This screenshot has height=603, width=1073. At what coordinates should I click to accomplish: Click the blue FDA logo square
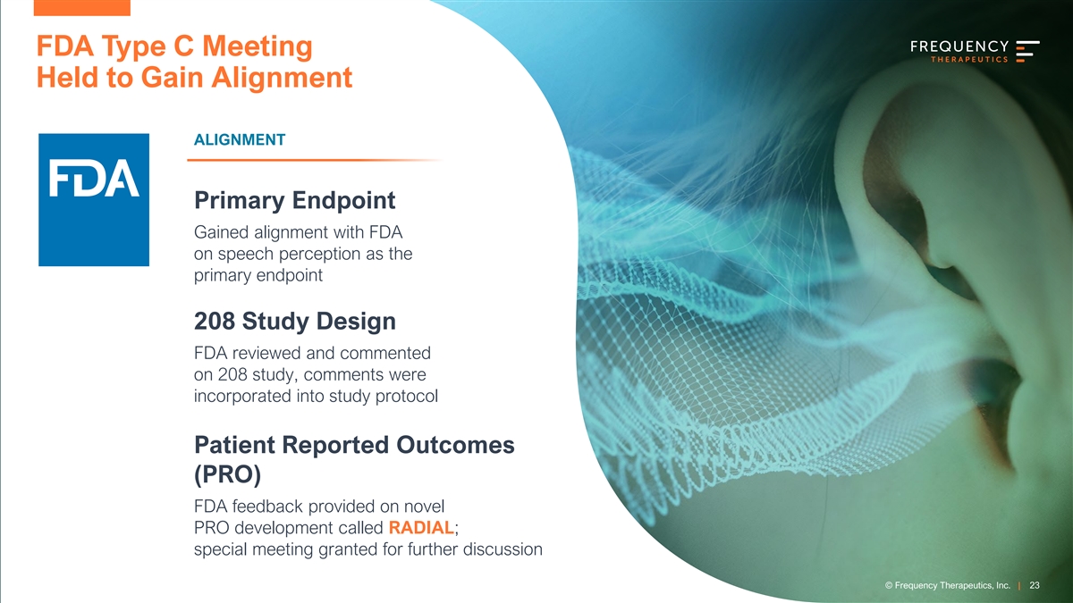(94, 199)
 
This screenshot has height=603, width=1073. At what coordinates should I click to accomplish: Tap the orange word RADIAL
(421, 527)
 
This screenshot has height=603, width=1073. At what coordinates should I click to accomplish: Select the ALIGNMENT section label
(240, 139)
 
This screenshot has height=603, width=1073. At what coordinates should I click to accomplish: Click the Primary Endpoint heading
(294, 200)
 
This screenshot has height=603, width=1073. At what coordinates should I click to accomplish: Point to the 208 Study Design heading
(295, 321)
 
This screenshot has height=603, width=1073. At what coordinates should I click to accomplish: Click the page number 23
(1035, 585)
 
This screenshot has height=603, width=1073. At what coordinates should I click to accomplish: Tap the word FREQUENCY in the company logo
(959, 46)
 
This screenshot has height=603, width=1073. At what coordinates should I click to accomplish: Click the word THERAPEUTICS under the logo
(969, 59)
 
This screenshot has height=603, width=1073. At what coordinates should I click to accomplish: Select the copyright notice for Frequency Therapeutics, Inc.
(948, 585)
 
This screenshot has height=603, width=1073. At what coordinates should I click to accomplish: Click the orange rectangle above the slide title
(82, 8)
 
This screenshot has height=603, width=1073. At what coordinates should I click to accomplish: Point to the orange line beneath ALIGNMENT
(314, 160)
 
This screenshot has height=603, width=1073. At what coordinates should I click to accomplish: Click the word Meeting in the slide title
(258, 46)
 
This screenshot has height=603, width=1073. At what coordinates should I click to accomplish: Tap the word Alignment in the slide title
(282, 78)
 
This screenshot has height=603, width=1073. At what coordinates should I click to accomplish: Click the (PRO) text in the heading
(227, 474)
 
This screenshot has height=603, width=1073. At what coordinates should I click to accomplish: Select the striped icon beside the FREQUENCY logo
(1027, 51)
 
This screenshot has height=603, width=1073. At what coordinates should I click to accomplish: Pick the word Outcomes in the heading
(455, 445)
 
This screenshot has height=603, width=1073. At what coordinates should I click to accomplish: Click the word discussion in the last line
(503, 549)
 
